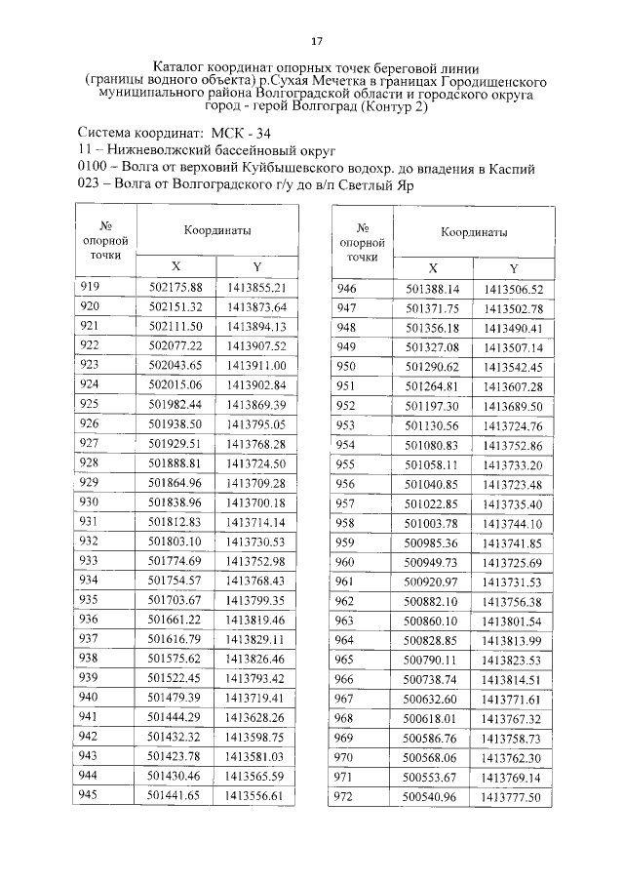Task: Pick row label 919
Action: point(90,287)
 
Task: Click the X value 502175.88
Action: point(175,288)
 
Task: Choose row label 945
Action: point(90,794)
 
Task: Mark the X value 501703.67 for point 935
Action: point(175,599)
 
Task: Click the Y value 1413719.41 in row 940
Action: point(254,697)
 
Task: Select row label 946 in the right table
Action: point(346,289)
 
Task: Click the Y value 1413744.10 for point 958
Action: point(512,523)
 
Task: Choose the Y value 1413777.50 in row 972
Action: point(512,796)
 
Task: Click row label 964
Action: point(346,640)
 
